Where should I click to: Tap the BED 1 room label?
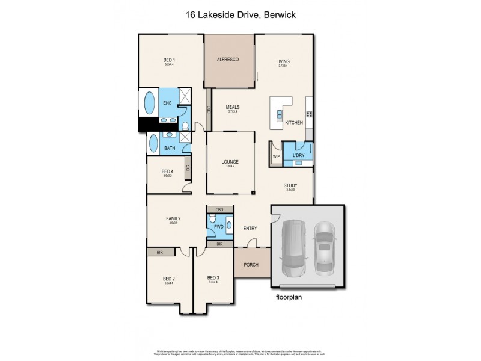pos(169,60)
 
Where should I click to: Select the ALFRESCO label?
pos(228,60)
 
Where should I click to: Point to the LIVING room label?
pos(283,61)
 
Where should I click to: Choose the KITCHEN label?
pos(294,123)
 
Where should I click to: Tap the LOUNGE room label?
pos(230,162)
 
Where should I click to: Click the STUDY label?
pos(290,185)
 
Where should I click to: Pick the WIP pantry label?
pos(276,156)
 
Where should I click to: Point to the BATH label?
pos(170,148)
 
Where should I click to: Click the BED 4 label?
pos(167,171)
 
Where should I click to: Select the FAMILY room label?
pos(174,218)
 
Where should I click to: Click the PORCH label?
pos(251,265)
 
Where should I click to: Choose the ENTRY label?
pos(250,229)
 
